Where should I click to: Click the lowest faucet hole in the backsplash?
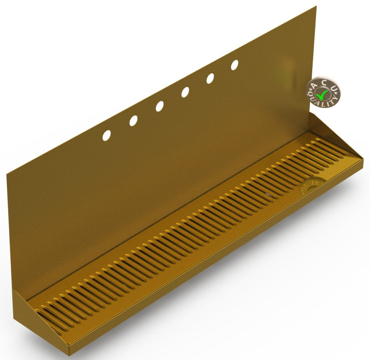106,135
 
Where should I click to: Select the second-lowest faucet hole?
133,121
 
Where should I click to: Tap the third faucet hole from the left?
160,106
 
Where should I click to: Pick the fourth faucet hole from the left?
186,92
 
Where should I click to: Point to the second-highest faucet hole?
210,78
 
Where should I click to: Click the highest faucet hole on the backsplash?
234,65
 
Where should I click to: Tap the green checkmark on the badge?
323,94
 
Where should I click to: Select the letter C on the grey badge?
324,82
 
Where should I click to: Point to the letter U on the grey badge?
334,87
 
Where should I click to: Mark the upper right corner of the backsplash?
315,6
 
